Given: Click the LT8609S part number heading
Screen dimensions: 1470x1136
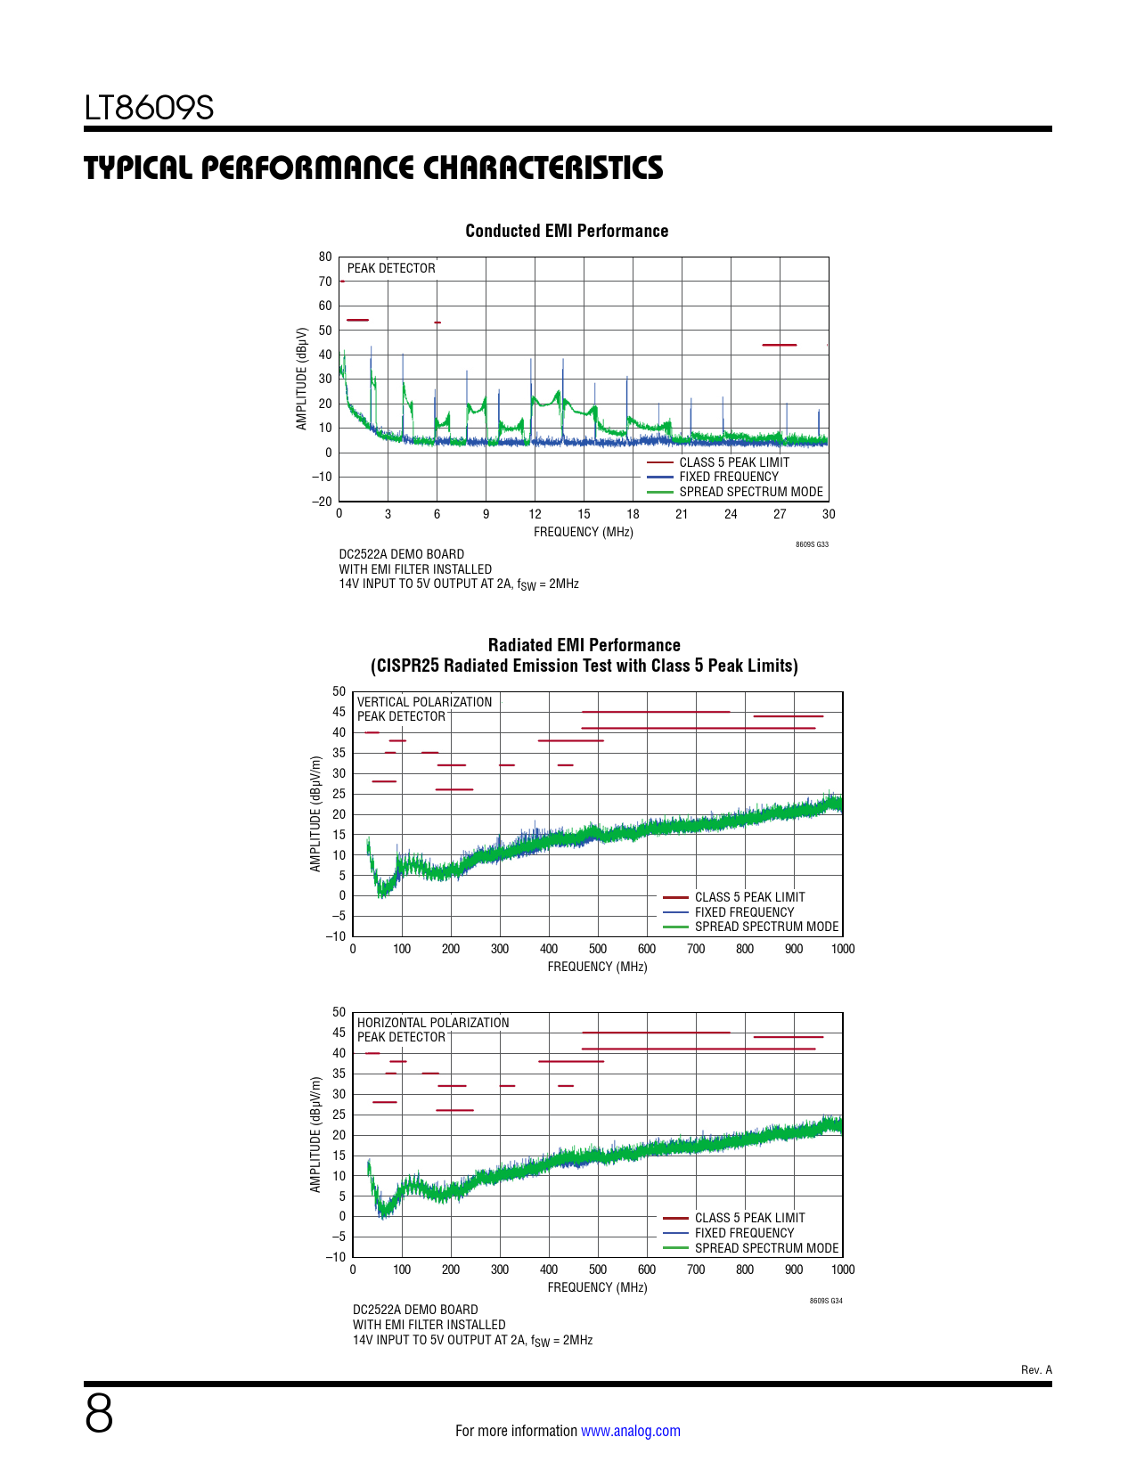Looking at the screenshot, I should click(149, 108).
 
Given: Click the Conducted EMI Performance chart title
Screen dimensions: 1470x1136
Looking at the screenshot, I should click(567, 231).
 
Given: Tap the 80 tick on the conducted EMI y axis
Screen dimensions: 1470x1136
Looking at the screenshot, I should click(325, 257).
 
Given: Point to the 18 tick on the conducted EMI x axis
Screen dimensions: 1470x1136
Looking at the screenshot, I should click(633, 514).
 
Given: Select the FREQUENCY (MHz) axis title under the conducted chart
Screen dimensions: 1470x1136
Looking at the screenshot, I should click(583, 532).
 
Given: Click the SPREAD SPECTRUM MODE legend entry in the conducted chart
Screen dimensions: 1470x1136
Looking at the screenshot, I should click(750, 492).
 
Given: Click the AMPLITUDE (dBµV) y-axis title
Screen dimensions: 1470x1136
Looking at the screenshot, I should click(302, 379).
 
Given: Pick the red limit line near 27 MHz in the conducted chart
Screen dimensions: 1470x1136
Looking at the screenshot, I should click(779, 345).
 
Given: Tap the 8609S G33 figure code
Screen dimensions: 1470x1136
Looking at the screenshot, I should click(812, 544).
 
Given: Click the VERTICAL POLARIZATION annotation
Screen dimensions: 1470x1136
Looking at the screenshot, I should click(424, 702).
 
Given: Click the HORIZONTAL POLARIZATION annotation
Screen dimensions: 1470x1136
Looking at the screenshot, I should click(433, 1023).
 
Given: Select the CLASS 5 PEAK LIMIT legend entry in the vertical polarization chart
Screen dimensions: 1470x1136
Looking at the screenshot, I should click(749, 897).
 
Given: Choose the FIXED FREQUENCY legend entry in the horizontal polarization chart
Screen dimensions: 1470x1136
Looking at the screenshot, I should click(744, 1233).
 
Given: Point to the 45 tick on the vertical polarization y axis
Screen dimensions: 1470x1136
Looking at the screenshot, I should click(339, 712).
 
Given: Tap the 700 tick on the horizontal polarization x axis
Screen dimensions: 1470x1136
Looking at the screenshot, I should click(696, 1270).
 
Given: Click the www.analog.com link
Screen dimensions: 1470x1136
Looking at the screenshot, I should click(630, 1431).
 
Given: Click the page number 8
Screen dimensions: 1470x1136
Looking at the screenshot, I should click(99, 1414).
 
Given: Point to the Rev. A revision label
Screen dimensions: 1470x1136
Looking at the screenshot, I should click(1036, 1370).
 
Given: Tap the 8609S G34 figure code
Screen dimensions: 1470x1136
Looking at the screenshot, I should click(826, 1301).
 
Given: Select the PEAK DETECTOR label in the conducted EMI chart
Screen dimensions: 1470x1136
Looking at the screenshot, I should click(391, 268).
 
